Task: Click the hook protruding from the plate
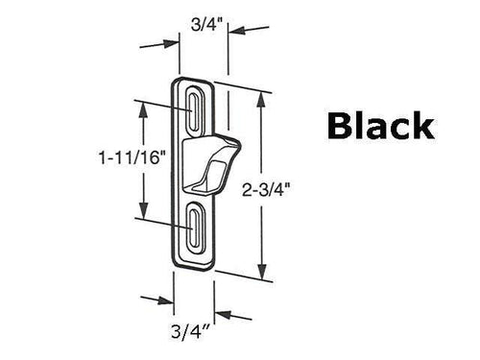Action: coord(223,154)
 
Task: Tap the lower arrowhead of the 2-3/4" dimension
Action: coord(260,268)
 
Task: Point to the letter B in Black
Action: coord(318,127)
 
